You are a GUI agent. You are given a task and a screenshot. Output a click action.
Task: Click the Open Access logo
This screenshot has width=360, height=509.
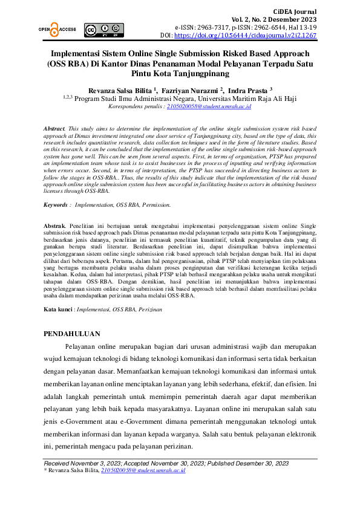point(57,28)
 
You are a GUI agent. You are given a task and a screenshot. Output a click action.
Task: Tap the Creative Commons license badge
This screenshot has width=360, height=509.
point(104,28)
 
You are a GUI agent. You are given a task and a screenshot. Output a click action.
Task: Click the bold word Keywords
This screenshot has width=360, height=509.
point(55,205)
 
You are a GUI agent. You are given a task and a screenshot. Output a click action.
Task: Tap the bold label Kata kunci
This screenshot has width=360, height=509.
point(58,309)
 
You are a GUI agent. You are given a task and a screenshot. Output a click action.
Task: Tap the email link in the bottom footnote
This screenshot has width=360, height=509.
point(143,470)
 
